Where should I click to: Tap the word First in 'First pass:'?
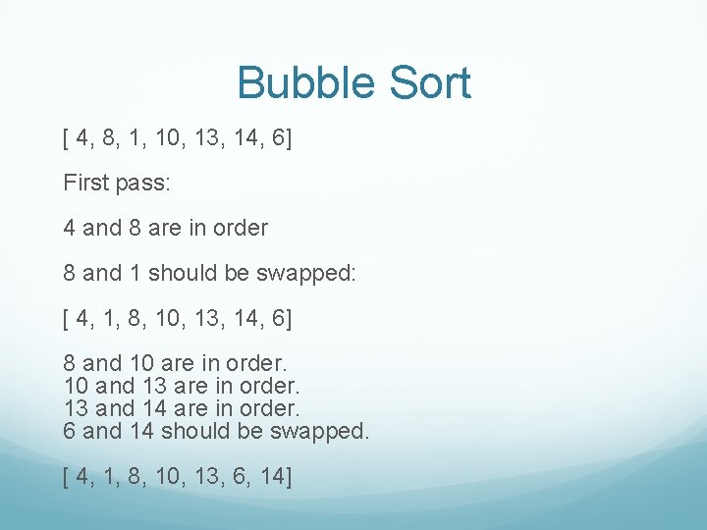84,183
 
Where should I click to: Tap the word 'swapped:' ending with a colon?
306,273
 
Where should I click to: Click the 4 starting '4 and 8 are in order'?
70,228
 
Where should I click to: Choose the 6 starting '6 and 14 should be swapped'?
70,431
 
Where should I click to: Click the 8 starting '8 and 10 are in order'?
70,363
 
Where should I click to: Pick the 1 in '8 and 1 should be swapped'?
135,273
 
